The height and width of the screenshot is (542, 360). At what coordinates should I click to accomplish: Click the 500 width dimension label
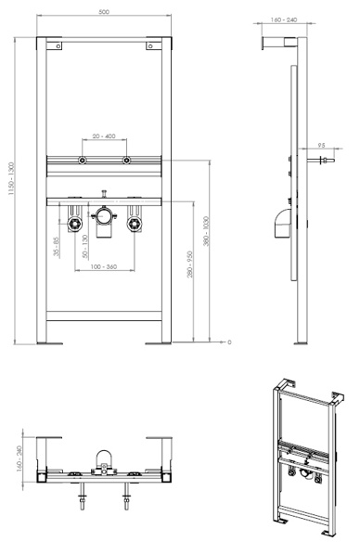click(104, 12)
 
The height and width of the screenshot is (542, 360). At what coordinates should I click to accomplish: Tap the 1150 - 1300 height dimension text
click(11, 178)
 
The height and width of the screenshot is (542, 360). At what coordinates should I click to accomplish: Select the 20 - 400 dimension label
click(104, 136)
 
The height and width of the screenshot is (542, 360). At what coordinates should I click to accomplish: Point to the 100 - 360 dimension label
click(104, 266)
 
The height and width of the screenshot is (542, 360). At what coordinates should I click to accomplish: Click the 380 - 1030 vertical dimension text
click(206, 231)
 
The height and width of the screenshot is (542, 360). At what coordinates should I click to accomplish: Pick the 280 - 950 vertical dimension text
click(189, 265)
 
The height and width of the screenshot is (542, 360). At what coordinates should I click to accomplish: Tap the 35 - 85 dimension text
click(57, 247)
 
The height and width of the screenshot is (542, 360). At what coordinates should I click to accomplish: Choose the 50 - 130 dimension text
click(85, 247)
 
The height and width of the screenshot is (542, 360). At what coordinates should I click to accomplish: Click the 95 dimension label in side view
click(321, 146)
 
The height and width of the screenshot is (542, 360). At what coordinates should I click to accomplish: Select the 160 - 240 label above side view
click(284, 20)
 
